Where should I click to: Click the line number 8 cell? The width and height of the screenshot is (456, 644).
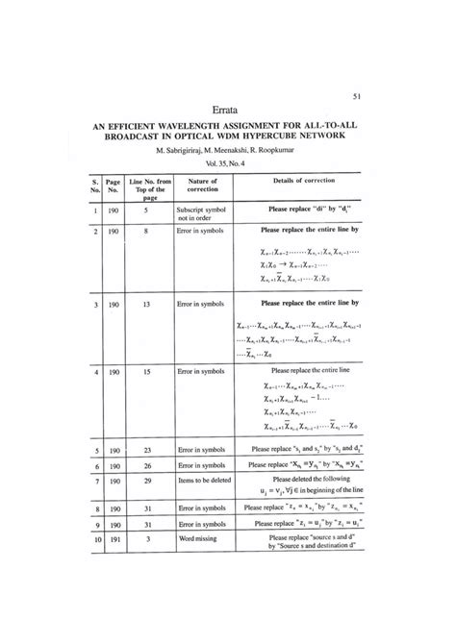point(145,232)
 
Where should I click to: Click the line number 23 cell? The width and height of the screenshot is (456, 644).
point(145,449)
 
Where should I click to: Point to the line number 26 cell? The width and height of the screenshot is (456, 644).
point(145,465)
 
